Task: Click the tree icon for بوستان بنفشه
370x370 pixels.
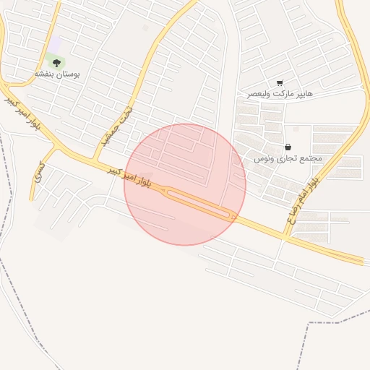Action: pos(56,63)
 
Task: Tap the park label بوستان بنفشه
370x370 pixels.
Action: pos(57,74)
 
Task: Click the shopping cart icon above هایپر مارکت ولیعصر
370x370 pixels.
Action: pos(280,83)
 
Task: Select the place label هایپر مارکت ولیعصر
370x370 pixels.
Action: pos(280,94)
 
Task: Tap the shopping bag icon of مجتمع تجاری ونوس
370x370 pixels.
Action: pos(288,147)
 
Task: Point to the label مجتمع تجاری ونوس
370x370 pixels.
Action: pos(288,158)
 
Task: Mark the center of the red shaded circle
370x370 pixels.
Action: pos(185,185)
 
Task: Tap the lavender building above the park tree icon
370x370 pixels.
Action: pos(55,45)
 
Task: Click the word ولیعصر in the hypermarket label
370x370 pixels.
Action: pos(259,94)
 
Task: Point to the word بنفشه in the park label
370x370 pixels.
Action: pos(45,74)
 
